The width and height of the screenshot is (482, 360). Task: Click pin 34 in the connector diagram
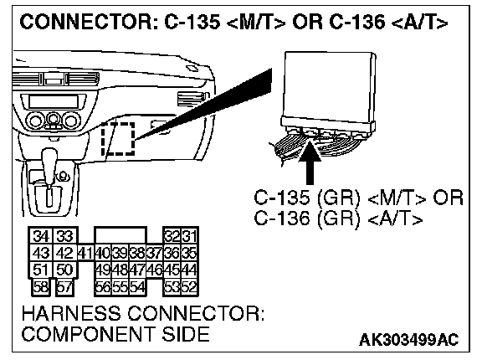click(40, 236)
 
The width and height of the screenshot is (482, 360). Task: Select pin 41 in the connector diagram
click(85, 253)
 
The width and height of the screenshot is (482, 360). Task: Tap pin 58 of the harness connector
click(40, 287)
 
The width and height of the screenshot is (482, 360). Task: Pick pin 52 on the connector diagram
click(189, 287)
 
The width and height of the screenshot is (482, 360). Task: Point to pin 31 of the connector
click(190, 236)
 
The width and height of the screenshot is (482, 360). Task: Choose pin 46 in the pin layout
click(154, 270)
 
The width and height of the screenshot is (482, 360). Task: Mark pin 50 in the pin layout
click(64, 270)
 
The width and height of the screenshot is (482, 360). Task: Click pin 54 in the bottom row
click(137, 287)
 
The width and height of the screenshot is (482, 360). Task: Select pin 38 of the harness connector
click(137, 253)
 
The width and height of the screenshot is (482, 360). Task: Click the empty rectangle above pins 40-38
click(120, 236)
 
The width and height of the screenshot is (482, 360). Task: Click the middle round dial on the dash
click(54, 119)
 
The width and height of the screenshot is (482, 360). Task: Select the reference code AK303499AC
click(408, 340)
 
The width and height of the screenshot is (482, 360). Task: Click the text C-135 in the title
click(192, 22)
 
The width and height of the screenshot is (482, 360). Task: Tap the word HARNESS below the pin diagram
click(71, 314)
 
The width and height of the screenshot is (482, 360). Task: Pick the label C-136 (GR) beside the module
click(307, 219)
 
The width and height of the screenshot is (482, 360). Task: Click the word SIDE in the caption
click(186, 334)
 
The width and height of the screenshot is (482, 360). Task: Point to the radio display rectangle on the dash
click(54, 101)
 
